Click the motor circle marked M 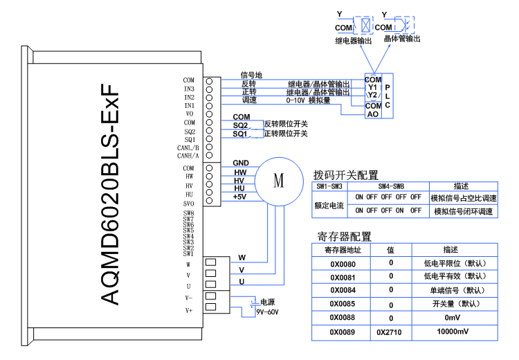pyautogui.click(x=278, y=182)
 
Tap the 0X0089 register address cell pyautogui.click(x=343, y=332)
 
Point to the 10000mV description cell pyautogui.click(x=453, y=332)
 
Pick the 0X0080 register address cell pyautogui.click(x=343, y=263)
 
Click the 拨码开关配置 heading pyautogui.click(x=346, y=175)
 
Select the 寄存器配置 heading pyautogui.click(x=344, y=237)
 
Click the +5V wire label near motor pyautogui.click(x=240, y=197)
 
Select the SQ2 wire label pyautogui.click(x=240, y=125)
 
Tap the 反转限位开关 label pyautogui.click(x=286, y=124)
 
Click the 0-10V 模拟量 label pyautogui.click(x=308, y=100)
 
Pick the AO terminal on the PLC pyautogui.click(x=373, y=114)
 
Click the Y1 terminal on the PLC pyautogui.click(x=373, y=87)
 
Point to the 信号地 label pyautogui.click(x=251, y=75)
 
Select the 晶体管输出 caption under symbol pyautogui.click(x=402, y=39)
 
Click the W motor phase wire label pyautogui.click(x=242, y=258)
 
